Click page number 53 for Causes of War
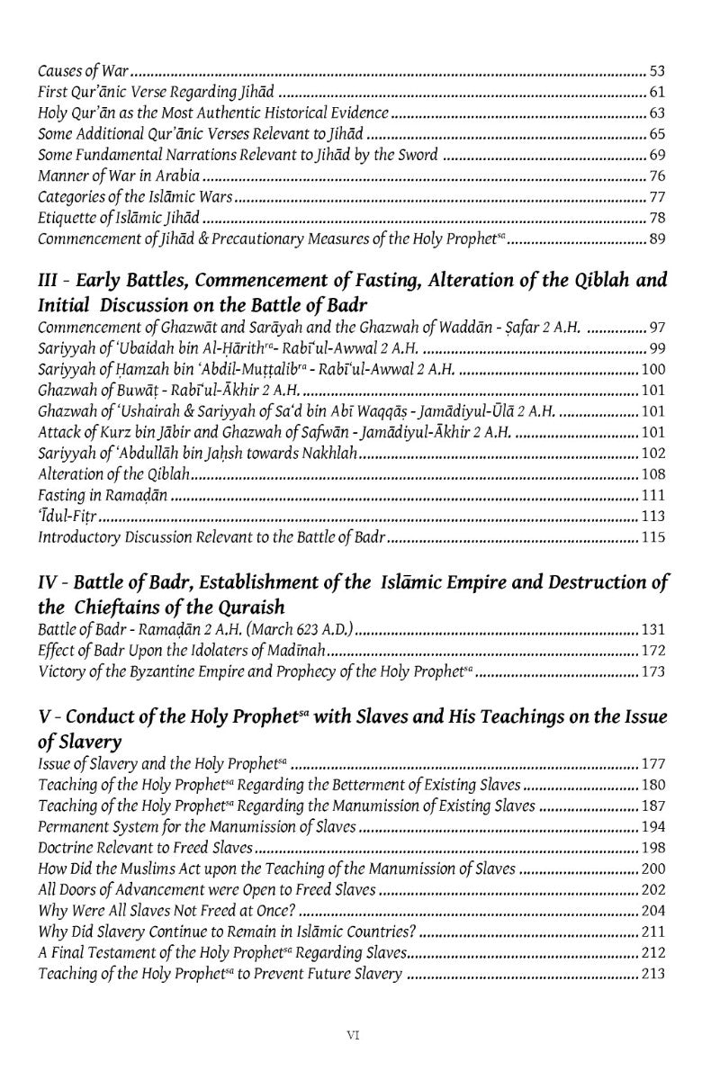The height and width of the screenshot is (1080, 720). point(657,69)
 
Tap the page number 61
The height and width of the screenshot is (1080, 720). point(657,91)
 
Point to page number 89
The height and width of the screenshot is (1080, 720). point(657,239)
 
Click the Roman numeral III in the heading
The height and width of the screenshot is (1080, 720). point(49,281)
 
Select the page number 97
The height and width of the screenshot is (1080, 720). point(657,325)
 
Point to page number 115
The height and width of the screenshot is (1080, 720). point(653,538)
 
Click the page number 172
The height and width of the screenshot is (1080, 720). point(653,650)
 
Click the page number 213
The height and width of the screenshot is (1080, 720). point(653,975)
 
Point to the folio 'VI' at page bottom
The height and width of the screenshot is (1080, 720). point(354,1036)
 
